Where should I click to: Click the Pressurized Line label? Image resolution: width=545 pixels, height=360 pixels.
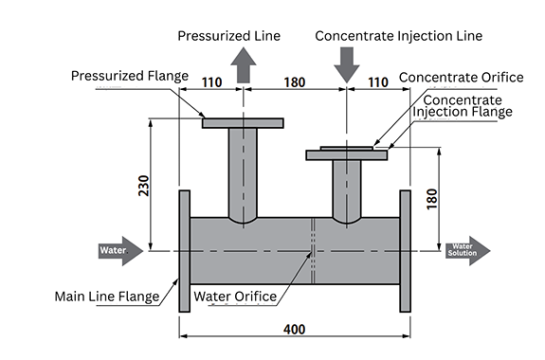tap(228, 36)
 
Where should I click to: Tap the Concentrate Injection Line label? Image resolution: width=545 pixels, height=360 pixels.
tap(399, 36)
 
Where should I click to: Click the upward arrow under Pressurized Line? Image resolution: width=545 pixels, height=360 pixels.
tap(244, 65)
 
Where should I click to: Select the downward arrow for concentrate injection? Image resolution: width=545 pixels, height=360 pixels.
tap(347, 65)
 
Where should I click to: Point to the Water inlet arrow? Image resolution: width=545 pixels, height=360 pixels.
tap(120, 251)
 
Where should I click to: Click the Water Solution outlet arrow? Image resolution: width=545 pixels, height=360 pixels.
tap(468, 251)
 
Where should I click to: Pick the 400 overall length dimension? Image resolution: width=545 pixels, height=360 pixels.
tap(295, 329)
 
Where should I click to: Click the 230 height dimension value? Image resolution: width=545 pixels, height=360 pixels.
tap(143, 186)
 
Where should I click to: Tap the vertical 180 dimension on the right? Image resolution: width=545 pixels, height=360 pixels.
tap(431, 199)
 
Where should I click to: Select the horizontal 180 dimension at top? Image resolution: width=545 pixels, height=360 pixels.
tap(295, 82)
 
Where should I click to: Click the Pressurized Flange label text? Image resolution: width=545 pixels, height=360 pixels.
tap(130, 76)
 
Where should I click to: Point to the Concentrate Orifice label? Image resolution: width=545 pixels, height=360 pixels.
tap(462, 78)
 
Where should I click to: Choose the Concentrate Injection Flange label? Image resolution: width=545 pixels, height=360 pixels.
tap(463, 106)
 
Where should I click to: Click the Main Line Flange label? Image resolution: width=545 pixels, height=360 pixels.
tap(107, 297)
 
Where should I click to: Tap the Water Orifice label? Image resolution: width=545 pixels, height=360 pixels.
tap(235, 297)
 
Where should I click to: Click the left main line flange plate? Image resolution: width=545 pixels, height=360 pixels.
tap(185, 251)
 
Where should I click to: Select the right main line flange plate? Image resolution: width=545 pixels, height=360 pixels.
tap(406, 251)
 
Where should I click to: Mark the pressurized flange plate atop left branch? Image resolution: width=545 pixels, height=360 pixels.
tap(243, 123)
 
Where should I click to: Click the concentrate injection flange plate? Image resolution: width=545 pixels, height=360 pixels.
tap(347, 155)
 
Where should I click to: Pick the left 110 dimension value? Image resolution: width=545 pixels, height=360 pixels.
tap(212, 82)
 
